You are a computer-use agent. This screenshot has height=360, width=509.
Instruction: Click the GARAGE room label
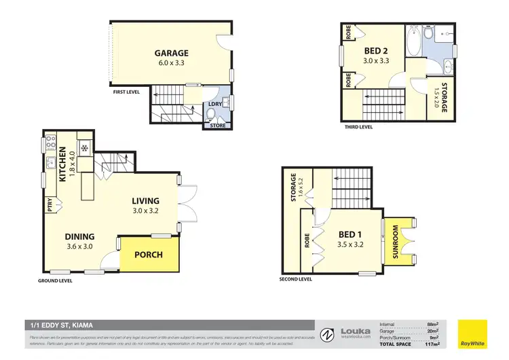point(171,53)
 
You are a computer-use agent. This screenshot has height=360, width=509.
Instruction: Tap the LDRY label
point(214,103)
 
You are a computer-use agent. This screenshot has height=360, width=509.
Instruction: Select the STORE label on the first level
point(219,125)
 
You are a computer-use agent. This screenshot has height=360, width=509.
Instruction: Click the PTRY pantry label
point(50,204)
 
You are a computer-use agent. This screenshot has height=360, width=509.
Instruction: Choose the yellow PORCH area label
point(149,255)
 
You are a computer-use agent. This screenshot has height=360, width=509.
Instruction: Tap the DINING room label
point(79,237)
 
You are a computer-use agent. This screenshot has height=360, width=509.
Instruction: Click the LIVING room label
point(145,201)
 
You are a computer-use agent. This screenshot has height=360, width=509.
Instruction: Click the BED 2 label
point(375,51)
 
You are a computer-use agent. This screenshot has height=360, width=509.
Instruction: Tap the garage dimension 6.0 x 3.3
point(171,62)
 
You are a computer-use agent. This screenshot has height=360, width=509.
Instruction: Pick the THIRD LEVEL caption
point(357,127)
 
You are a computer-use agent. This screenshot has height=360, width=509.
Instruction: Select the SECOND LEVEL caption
point(296,279)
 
